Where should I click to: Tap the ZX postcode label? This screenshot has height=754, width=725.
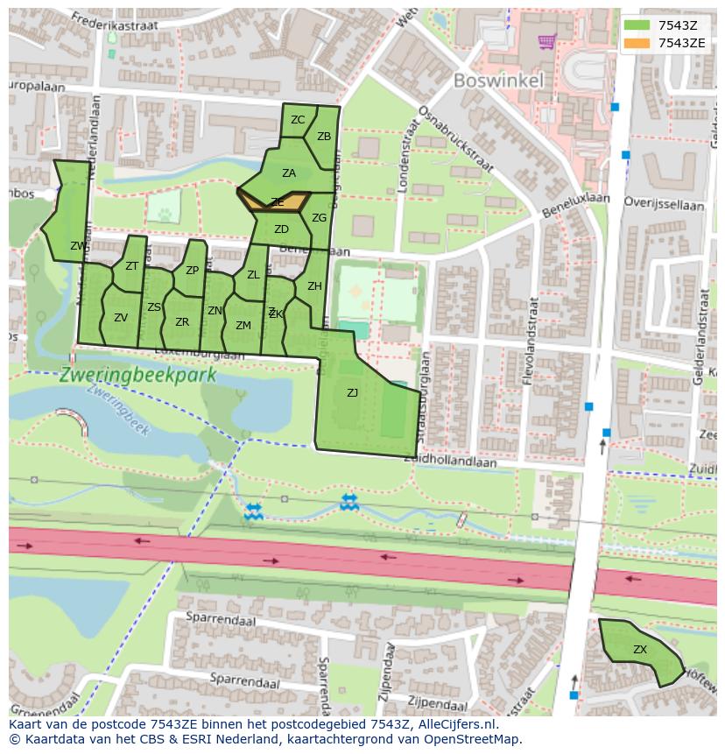click(x=640, y=650)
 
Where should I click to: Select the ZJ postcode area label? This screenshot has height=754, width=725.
click(x=352, y=393)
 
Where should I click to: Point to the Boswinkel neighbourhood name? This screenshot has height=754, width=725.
click(x=498, y=81)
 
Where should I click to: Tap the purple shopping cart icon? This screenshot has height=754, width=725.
click(x=547, y=40)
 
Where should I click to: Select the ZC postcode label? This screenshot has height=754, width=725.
click(x=298, y=120)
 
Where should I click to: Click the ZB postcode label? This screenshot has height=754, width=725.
click(x=324, y=137)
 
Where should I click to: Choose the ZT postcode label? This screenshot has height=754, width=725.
click(x=131, y=266)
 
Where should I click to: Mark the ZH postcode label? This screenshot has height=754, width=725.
click(x=314, y=286)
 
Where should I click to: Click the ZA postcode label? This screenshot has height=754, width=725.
click(x=289, y=173)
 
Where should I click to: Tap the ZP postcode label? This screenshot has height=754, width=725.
click(x=192, y=270)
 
